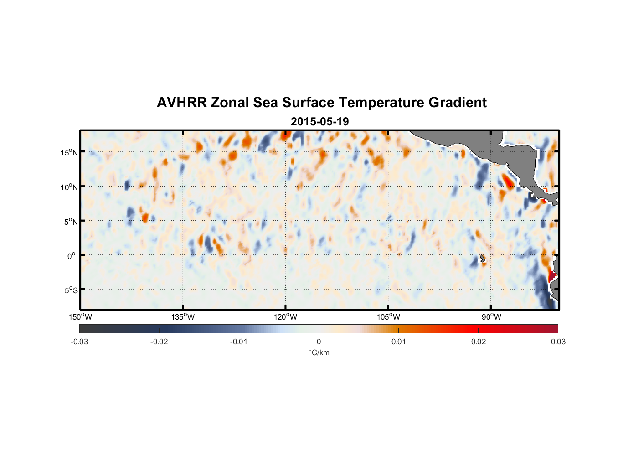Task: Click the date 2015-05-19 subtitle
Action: [x=319, y=122]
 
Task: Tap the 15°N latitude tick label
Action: [x=69, y=152]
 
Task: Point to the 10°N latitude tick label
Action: [x=69, y=187]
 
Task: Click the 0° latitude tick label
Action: [x=71, y=256]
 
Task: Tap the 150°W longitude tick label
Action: [x=80, y=317]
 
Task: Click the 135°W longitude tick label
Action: [x=183, y=317]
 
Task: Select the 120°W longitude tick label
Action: [x=285, y=317]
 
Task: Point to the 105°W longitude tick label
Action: [x=388, y=317]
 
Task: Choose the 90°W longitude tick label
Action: [x=491, y=317]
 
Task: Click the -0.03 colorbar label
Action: [x=79, y=342]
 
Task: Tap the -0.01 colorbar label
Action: [x=239, y=342]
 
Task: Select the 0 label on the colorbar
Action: [x=319, y=342]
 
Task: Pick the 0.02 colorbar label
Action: [x=478, y=342]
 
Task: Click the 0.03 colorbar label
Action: [x=558, y=342]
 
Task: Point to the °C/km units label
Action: [x=319, y=352]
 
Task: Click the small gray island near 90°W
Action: [x=482, y=258]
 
